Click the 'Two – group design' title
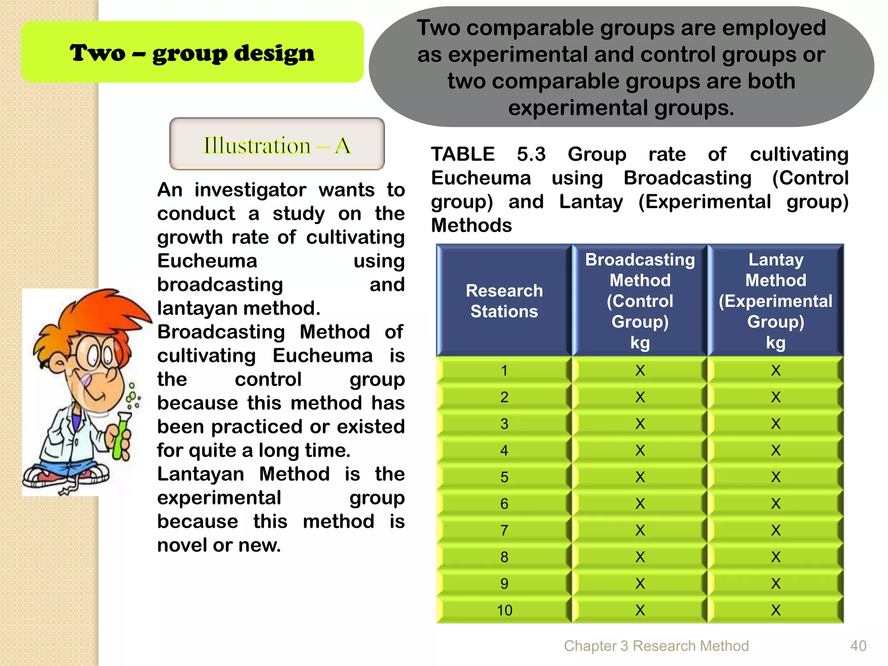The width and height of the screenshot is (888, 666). pos(192,53)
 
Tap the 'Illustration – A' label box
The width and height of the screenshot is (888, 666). pos(277,145)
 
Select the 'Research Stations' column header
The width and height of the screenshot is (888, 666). pos(504,301)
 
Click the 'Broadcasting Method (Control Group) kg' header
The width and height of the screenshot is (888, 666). pos(640,301)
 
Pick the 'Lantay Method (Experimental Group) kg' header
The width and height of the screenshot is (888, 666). pos(775,301)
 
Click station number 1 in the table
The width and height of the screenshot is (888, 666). pos(504,371)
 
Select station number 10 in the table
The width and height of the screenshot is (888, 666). pos(504,610)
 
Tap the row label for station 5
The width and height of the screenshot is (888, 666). pos(504,477)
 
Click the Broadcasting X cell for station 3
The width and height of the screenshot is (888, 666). pos(640,424)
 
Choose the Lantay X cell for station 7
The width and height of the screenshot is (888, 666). pos(776,531)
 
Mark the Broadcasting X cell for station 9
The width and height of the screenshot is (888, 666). pos(640,584)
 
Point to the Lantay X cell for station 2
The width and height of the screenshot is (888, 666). pos(776,397)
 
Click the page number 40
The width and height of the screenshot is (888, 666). pos(858,646)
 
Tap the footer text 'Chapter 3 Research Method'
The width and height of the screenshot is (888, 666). pos(656,646)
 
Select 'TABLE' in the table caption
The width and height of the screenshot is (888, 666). pos(463,154)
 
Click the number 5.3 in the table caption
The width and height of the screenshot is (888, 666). pos(531,154)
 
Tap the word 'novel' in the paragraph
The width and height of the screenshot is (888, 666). pos(182,545)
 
